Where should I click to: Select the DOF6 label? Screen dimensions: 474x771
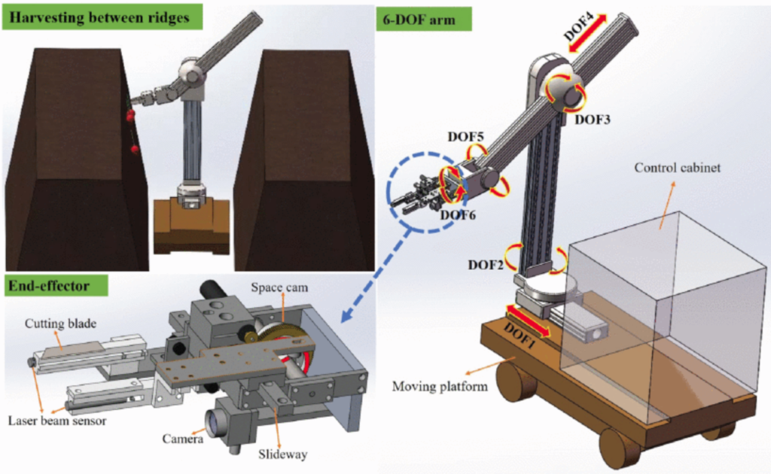click(459, 215)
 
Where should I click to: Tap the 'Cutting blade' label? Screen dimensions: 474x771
click(61, 324)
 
